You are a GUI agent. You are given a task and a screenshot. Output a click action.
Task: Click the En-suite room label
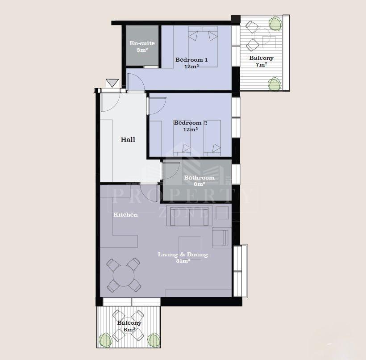(142, 43)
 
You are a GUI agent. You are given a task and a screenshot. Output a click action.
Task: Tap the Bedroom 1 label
(191, 60)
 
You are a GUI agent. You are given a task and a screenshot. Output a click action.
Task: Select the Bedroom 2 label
(191, 123)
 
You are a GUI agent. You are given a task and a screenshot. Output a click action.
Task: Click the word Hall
(128, 140)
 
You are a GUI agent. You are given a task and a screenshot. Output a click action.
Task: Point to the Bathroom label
(199, 178)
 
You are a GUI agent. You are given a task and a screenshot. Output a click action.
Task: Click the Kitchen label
(125, 215)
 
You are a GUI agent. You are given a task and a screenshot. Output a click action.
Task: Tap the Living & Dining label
(183, 255)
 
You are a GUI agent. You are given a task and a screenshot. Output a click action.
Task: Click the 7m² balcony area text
(261, 64)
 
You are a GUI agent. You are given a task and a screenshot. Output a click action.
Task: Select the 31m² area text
(183, 261)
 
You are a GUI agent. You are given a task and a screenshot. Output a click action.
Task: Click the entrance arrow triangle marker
(112, 83)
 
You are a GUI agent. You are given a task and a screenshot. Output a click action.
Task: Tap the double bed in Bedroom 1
(203, 47)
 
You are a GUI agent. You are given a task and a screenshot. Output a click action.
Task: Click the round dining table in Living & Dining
(124, 276)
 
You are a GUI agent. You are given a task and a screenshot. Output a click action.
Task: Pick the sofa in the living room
(189, 216)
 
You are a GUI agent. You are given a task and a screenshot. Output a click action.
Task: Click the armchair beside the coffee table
(220, 238)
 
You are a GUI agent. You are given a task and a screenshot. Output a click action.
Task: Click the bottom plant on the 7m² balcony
(274, 84)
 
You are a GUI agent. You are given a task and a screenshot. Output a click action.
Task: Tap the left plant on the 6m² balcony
(106, 340)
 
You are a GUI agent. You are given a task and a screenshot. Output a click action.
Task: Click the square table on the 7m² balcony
(269, 42)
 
